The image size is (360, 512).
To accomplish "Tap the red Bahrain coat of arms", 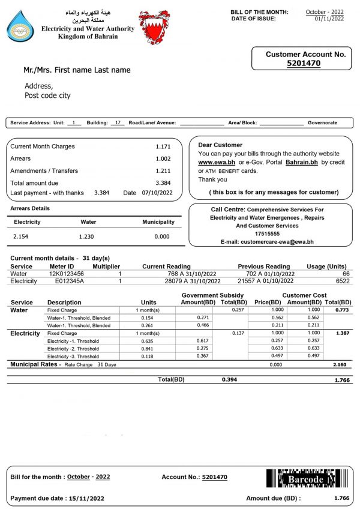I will click(154, 26).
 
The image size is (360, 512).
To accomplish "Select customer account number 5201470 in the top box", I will click(304, 62).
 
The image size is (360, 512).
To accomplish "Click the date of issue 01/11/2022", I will click(329, 19).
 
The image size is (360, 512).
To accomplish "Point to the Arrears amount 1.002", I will click(163, 158).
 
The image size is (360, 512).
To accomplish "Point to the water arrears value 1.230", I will click(87, 236).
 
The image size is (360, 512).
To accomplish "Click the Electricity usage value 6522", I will click(338, 280).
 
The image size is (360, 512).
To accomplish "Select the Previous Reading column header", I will click(263, 266).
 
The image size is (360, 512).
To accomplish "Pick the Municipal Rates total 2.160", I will click(340, 364).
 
